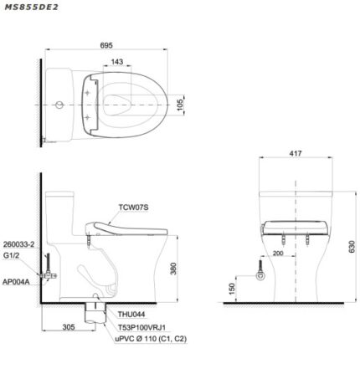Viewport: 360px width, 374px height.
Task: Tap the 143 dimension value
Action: (119, 62)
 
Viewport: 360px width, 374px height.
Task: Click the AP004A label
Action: (17, 283)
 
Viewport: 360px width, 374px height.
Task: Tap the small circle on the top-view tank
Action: (57, 105)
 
